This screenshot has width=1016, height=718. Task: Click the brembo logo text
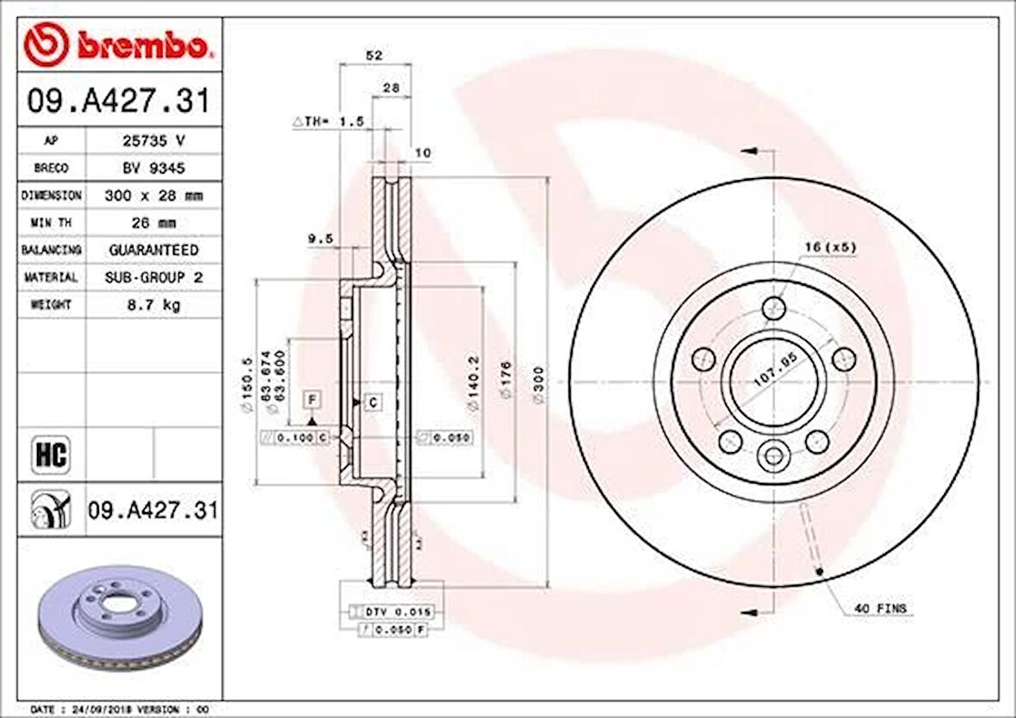143,46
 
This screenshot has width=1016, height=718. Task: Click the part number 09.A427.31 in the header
119,102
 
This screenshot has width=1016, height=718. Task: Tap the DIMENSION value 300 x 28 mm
153,195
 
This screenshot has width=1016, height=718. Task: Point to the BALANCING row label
52,250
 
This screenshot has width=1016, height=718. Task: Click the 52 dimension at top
374,55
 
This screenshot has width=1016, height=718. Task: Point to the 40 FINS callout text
880,609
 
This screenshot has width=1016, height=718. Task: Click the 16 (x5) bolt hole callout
830,247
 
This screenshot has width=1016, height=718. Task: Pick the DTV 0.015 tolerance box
396,611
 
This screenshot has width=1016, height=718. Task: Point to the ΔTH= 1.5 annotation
328,122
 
